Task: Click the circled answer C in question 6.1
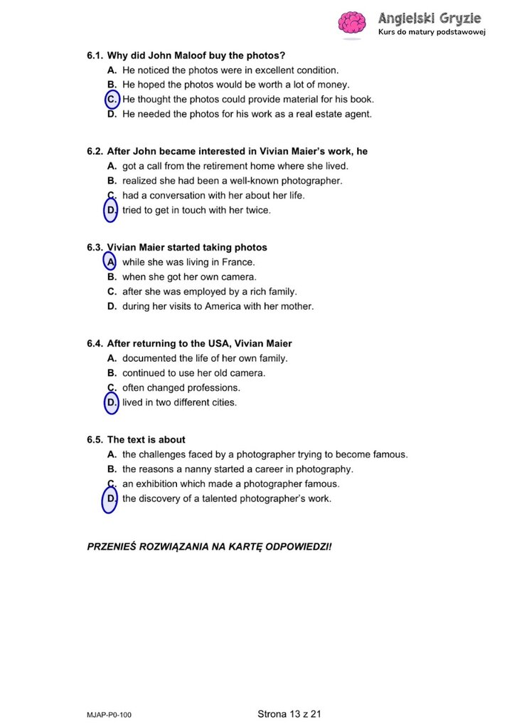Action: click(112, 100)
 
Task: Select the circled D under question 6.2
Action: click(112, 210)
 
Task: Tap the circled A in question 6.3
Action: click(111, 262)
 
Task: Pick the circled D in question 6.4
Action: click(112, 403)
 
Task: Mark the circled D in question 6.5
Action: click(112, 499)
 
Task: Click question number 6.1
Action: click(95, 56)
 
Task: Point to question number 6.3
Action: click(95, 248)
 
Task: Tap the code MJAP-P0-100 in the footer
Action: click(105, 714)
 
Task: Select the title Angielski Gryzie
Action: click(430, 18)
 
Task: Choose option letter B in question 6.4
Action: click(112, 373)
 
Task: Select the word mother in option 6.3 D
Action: click(297, 307)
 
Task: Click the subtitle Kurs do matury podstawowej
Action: click(431, 33)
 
